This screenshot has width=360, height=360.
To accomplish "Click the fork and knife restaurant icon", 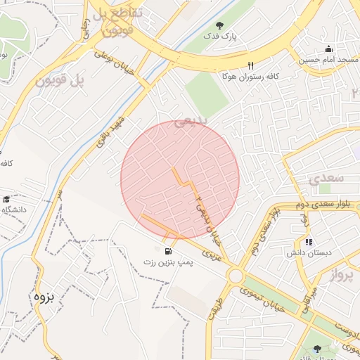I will pyautogui.click(x=250, y=65).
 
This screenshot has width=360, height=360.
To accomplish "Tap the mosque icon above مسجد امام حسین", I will pyautogui.click(x=328, y=49).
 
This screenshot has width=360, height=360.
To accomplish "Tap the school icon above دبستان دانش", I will pyautogui.click(x=309, y=243).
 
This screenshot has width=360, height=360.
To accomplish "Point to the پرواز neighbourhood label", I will pyautogui.click(x=344, y=275).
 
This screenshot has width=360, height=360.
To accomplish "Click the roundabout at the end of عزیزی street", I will pyautogui.click(x=235, y=276).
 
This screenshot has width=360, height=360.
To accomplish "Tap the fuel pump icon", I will pyautogui.click(x=167, y=251).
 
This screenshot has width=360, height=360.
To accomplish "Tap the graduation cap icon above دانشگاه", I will pyautogui.click(x=7, y=200).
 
